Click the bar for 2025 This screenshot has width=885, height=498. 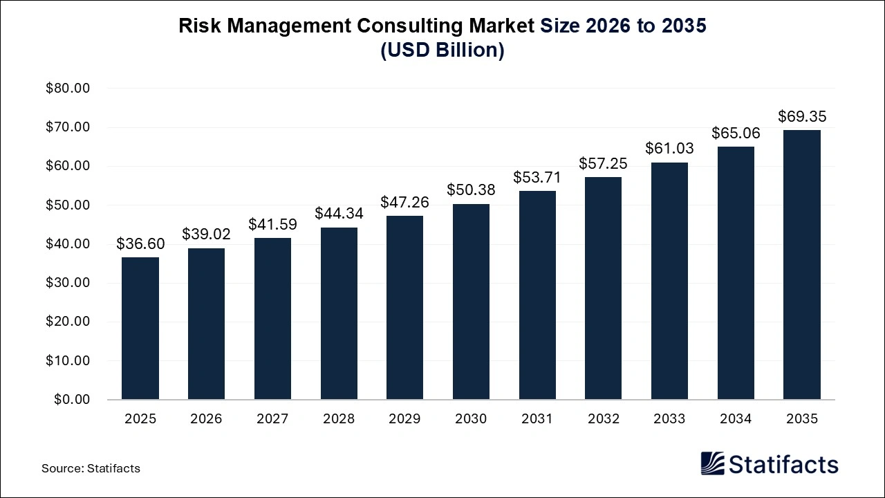[x=140, y=329]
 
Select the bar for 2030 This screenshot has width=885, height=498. [x=471, y=302]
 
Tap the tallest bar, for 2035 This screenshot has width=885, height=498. [x=802, y=265]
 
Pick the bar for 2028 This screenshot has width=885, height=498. [x=339, y=313]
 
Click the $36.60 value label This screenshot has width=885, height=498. [x=140, y=243]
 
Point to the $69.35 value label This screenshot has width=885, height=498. [x=802, y=116]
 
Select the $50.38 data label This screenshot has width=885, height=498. [x=471, y=190]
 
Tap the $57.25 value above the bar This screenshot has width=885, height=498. [x=603, y=163]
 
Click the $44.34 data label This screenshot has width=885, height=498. [x=339, y=213]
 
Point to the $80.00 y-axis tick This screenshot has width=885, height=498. [x=68, y=89]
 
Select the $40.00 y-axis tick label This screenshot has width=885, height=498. [x=68, y=244]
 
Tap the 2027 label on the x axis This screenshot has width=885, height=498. [x=272, y=419]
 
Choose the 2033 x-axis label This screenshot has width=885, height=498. [x=669, y=419]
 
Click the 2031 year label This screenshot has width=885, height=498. [x=537, y=419]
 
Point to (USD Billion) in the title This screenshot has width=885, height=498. [x=442, y=51]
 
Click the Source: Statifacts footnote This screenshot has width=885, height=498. [x=91, y=468]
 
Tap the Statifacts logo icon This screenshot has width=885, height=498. [x=712, y=463]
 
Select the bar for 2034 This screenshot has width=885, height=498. [x=736, y=273]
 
